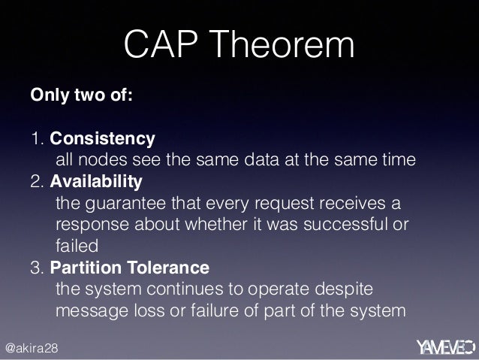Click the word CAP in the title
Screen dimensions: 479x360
[x=161, y=44]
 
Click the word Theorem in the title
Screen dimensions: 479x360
[x=282, y=44]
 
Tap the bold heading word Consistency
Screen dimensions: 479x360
[x=102, y=139]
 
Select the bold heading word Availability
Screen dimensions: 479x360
[x=96, y=182]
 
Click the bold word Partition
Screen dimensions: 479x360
[x=86, y=268]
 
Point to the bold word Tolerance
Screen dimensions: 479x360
[x=168, y=268]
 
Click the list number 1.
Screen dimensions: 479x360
[x=38, y=138]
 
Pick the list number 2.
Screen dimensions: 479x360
[x=38, y=182]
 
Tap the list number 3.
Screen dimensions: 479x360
[x=38, y=268]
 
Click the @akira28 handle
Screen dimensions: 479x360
[x=32, y=348]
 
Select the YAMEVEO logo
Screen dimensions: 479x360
[x=446, y=347]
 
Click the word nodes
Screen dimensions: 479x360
[x=103, y=159]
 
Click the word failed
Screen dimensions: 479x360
[x=77, y=246]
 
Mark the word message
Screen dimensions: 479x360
[x=92, y=311]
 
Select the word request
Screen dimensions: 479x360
[x=285, y=204]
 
